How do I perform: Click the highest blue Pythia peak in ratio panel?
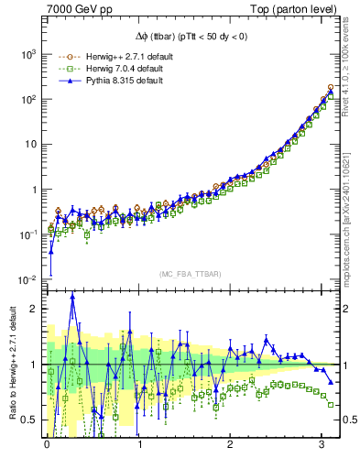[72, 296]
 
